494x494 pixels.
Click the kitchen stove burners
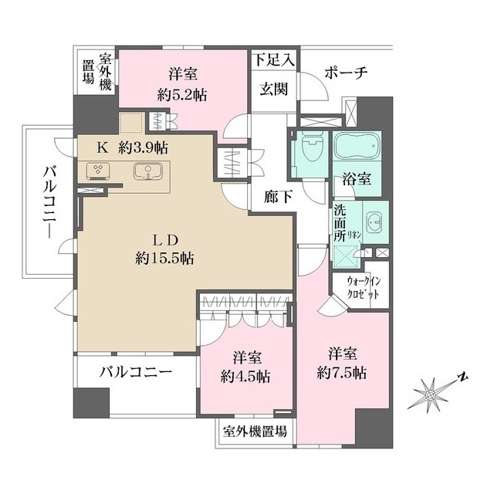(x=99, y=171)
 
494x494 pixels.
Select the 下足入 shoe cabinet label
(x=272, y=58)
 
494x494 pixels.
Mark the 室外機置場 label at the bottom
(x=254, y=431)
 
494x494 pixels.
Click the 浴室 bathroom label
(x=357, y=179)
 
